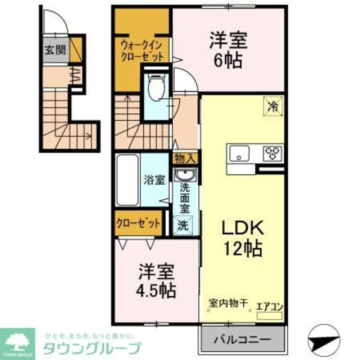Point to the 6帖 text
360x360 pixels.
(229, 62)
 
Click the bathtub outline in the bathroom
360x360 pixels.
(127, 180)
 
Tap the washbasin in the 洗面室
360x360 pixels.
(185, 176)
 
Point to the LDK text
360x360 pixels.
(243, 228)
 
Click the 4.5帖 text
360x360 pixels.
(157, 290)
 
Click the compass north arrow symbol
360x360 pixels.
(324, 338)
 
